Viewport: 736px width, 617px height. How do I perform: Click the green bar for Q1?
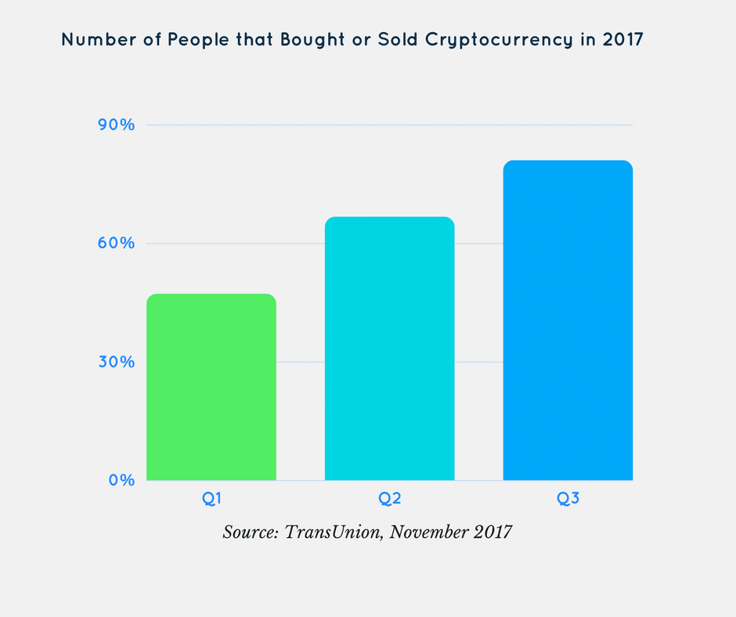[211, 387]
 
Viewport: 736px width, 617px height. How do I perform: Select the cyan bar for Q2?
[390, 348]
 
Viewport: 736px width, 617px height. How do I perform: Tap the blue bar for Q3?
[568, 320]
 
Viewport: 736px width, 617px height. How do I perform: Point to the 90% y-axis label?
[117, 125]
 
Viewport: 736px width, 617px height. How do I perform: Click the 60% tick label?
[117, 244]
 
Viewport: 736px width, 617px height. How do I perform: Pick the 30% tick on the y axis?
[117, 362]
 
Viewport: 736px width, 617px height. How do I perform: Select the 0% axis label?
[121, 480]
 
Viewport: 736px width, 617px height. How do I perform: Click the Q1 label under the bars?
[211, 498]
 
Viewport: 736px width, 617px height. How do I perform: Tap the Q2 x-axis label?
[390, 498]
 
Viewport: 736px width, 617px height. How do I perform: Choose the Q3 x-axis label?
[568, 498]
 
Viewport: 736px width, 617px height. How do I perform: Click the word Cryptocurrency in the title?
[499, 40]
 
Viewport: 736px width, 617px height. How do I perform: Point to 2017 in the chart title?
[623, 39]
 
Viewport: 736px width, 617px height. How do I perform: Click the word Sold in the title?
[398, 39]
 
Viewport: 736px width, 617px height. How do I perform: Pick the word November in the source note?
[429, 532]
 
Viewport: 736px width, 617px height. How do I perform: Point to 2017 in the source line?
[492, 532]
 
